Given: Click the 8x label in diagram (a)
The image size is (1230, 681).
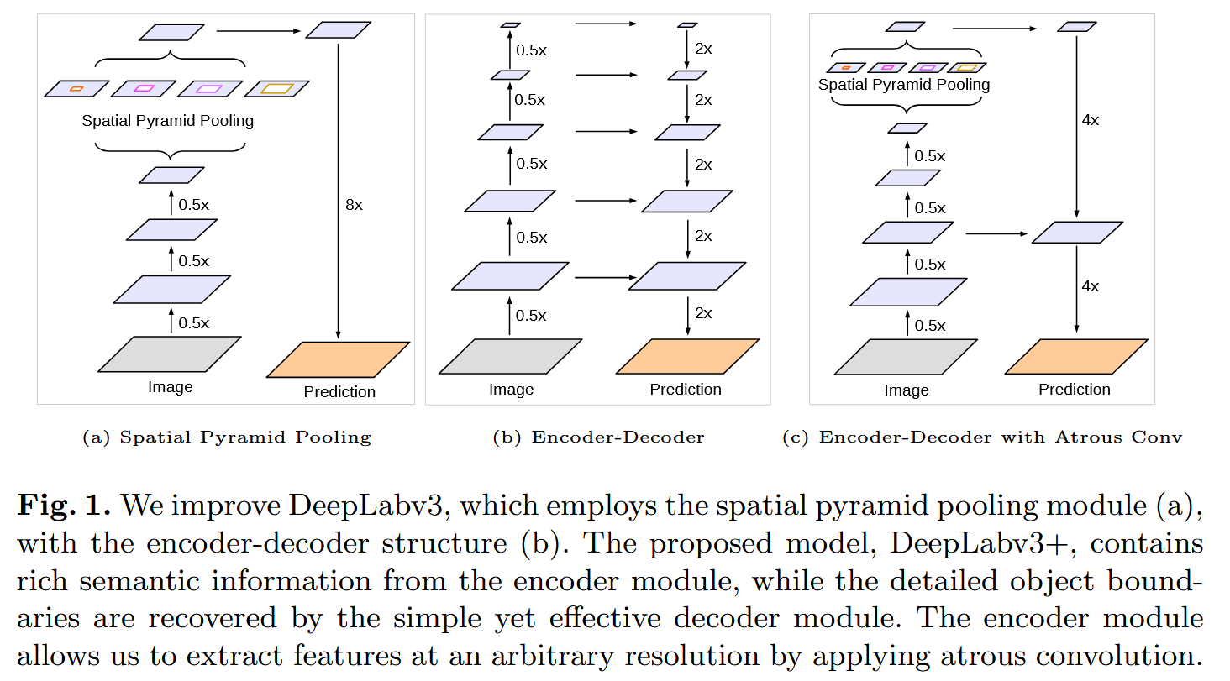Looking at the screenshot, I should tap(355, 205).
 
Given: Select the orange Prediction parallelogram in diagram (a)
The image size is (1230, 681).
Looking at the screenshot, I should tap(339, 359).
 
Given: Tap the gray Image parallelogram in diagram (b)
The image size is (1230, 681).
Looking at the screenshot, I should tap(510, 356).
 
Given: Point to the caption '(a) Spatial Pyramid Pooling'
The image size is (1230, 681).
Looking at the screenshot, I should tap(226, 437).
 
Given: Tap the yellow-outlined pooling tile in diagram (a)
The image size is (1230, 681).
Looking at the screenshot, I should tap(277, 88).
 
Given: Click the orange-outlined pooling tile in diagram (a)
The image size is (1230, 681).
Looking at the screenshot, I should tap(76, 88).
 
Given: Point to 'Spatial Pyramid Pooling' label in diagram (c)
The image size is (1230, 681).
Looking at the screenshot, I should tap(904, 85).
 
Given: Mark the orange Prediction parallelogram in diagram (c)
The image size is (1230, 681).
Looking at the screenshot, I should tap(1075, 356).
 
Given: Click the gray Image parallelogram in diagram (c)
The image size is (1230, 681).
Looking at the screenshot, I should tap(906, 356).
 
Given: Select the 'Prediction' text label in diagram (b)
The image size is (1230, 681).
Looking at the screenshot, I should tap(686, 390).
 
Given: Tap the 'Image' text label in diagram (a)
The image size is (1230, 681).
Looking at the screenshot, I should tap(170, 387).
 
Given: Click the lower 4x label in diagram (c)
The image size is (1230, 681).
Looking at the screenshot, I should tap(1090, 286).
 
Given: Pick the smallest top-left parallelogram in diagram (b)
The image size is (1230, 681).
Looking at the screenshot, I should tap(510, 25).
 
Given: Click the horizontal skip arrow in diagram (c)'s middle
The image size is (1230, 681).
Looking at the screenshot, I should tap(997, 233).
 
